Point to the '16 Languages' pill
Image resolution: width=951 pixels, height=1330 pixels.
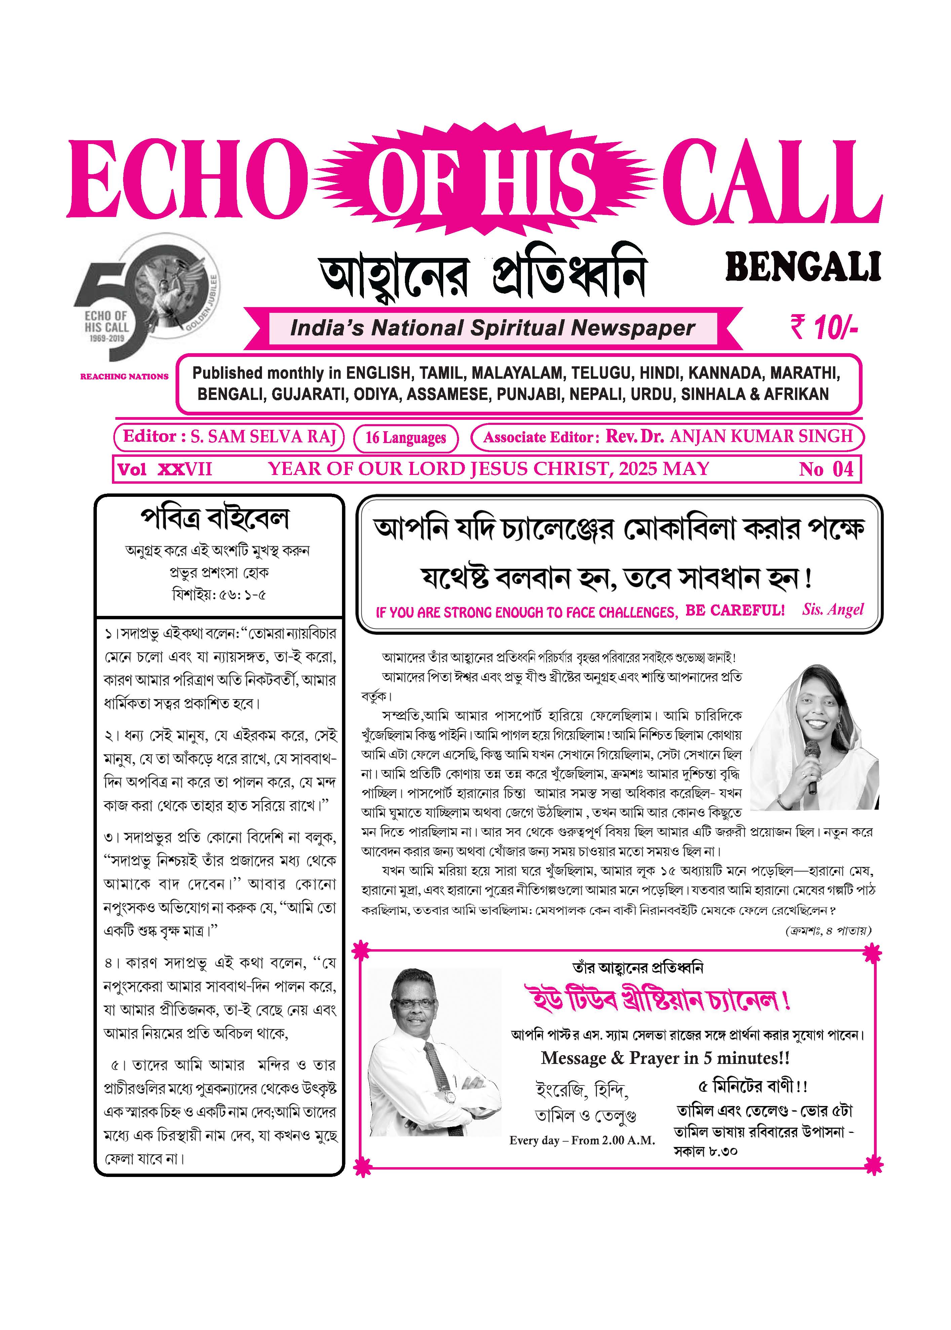click(x=405, y=438)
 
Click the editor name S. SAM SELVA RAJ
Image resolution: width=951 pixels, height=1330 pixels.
click(x=262, y=436)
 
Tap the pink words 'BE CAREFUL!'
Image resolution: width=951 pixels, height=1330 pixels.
click(x=734, y=610)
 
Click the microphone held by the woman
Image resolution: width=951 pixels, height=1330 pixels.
click(x=812, y=756)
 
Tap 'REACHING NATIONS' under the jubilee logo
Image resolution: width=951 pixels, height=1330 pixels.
click(x=124, y=377)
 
